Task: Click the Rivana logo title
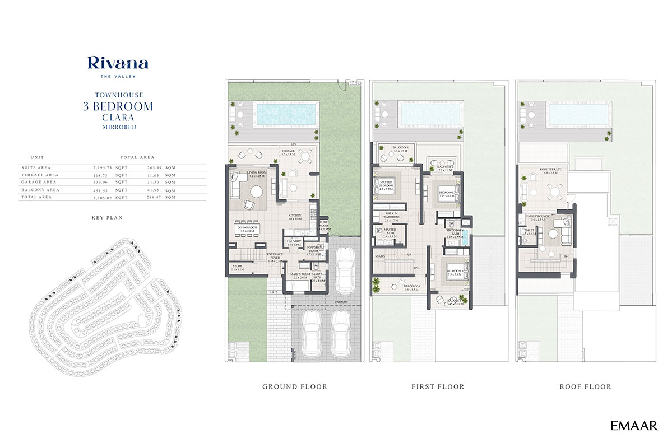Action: pos(118,63)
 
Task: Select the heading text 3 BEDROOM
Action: pos(118,106)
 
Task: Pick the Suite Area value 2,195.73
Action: pos(103,167)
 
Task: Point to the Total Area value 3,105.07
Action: pos(103,197)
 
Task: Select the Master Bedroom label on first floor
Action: pos(387,184)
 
